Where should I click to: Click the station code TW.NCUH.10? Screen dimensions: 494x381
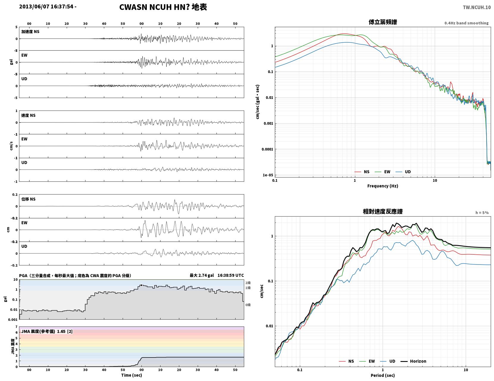coord(477,7)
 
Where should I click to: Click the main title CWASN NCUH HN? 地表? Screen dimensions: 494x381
coord(163,7)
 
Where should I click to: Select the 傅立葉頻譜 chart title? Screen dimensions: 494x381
coord(383,22)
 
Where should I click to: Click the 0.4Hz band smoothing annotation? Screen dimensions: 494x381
coord(466,23)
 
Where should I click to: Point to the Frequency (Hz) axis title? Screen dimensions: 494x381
coord(383,186)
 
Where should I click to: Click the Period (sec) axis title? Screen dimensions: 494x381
coord(383,375)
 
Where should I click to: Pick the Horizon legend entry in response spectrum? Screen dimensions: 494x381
coord(413,361)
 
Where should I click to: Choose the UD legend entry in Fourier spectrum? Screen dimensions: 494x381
coord(403,172)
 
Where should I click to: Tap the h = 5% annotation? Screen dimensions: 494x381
coord(482,213)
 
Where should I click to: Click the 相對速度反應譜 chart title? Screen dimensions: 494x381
coord(383,212)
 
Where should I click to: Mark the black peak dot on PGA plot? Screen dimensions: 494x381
coord(141,285)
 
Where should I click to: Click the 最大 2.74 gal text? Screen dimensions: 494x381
coord(202,275)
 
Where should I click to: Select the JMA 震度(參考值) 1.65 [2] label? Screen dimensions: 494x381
coord(47,331)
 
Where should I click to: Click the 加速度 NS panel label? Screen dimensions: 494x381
coord(30,32)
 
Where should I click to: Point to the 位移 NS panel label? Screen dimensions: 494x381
coord(28,199)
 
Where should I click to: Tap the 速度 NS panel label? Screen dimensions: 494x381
coord(28,115)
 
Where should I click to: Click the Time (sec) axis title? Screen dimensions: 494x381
coord(131,375)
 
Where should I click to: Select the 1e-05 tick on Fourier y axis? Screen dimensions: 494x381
coord(268,175)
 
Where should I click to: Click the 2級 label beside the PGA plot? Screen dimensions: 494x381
coord(248,283)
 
